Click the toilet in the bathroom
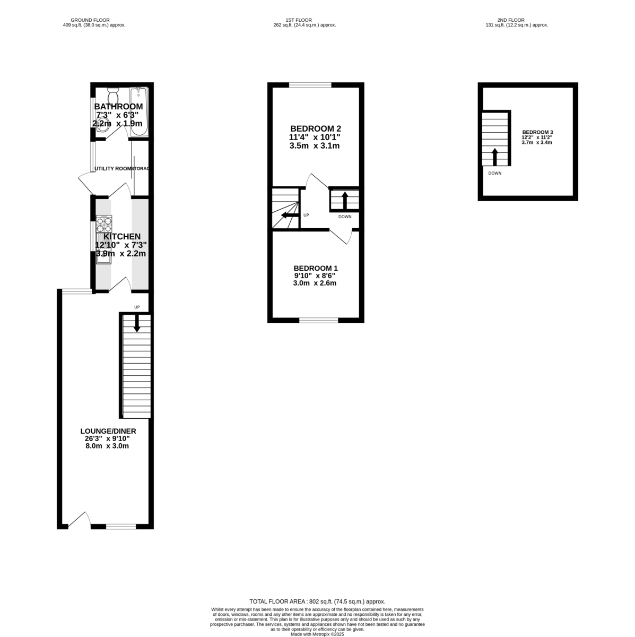click(112, 97)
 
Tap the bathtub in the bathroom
click(140, 112)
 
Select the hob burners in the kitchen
click(104, 222)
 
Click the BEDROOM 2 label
click(315, 128)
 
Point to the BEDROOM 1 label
click(315, 268)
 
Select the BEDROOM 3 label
click(537, 132)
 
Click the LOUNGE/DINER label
click(108, 431)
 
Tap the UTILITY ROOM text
click(112, 169)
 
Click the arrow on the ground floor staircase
click(137, 323)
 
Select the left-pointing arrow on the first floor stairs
click(289, 215)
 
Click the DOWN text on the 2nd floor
click(494, 173)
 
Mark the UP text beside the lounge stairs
click(137, 307)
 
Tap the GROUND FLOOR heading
click(94, 20)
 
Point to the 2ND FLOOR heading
click(517, 20)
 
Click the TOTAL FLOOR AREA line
click(317, 601)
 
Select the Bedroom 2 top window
click(310, 85)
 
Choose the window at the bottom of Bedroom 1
click(318, 320)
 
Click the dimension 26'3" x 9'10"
click(107, 439)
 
